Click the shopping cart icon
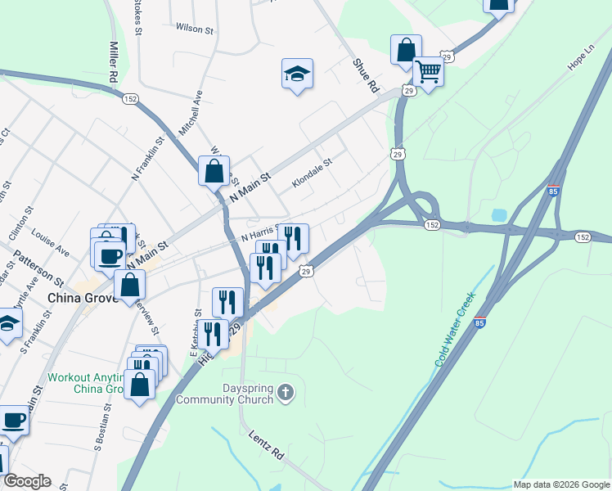(x=429, y=72)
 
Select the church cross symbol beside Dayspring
(x=285, y=393)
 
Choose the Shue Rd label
(x=366, y=74)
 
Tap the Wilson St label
(x=194, y=28)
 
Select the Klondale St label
(x=313, y=173)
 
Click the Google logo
(x=27, y=481)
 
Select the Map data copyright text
(x=561, y=484)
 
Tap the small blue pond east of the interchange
(x=499, y=215)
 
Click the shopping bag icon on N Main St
(x=214, y=172)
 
